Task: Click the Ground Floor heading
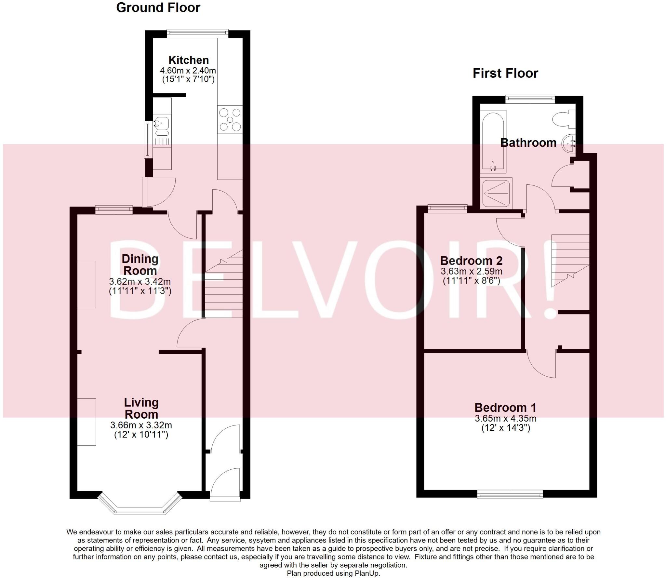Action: click(x=158, y=8)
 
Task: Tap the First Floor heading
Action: click(x=505, y=73)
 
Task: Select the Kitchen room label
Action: click(x=188, y=60)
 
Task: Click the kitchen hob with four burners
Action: click(x=230, y=120)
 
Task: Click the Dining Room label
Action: click(x=140, y=265)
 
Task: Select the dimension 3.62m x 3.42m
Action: click(x=140, y=282)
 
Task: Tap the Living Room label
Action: click(x=141, y=408)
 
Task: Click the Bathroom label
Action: click(x=528, y=143)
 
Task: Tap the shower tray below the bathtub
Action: click(x=496, y=193)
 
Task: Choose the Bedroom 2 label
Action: click(x=471, y=261)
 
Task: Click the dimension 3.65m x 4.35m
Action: click(x=505, y=419)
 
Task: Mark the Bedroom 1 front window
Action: click(x=510, y=494)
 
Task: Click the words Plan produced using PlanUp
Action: click(x=333, y=573)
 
